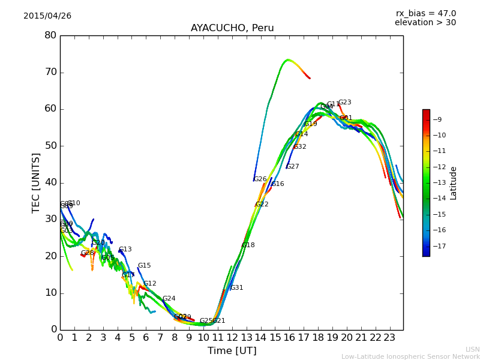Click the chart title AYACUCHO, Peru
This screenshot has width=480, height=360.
(232, 28)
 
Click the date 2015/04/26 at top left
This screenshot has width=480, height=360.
(47, 16)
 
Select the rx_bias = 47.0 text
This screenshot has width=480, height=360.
(425, 13)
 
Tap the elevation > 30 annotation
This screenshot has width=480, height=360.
(425, 23)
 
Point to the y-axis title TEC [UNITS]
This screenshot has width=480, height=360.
(36, 182)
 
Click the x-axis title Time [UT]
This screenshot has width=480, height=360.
(232, 350)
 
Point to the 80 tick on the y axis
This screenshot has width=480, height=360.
(50, 35)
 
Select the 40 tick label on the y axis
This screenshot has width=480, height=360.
(50, 182)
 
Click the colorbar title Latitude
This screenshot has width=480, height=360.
(454, 182)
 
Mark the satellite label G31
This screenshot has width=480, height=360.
(237, 288)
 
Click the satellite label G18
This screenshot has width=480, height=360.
(248, 245)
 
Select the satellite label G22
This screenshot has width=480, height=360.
(262, 205)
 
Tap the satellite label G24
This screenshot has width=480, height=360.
(169, 299)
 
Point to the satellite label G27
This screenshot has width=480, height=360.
(293, 167)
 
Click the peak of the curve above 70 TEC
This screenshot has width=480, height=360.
(288, 59)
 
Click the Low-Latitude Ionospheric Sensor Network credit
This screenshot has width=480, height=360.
(410, 356)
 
